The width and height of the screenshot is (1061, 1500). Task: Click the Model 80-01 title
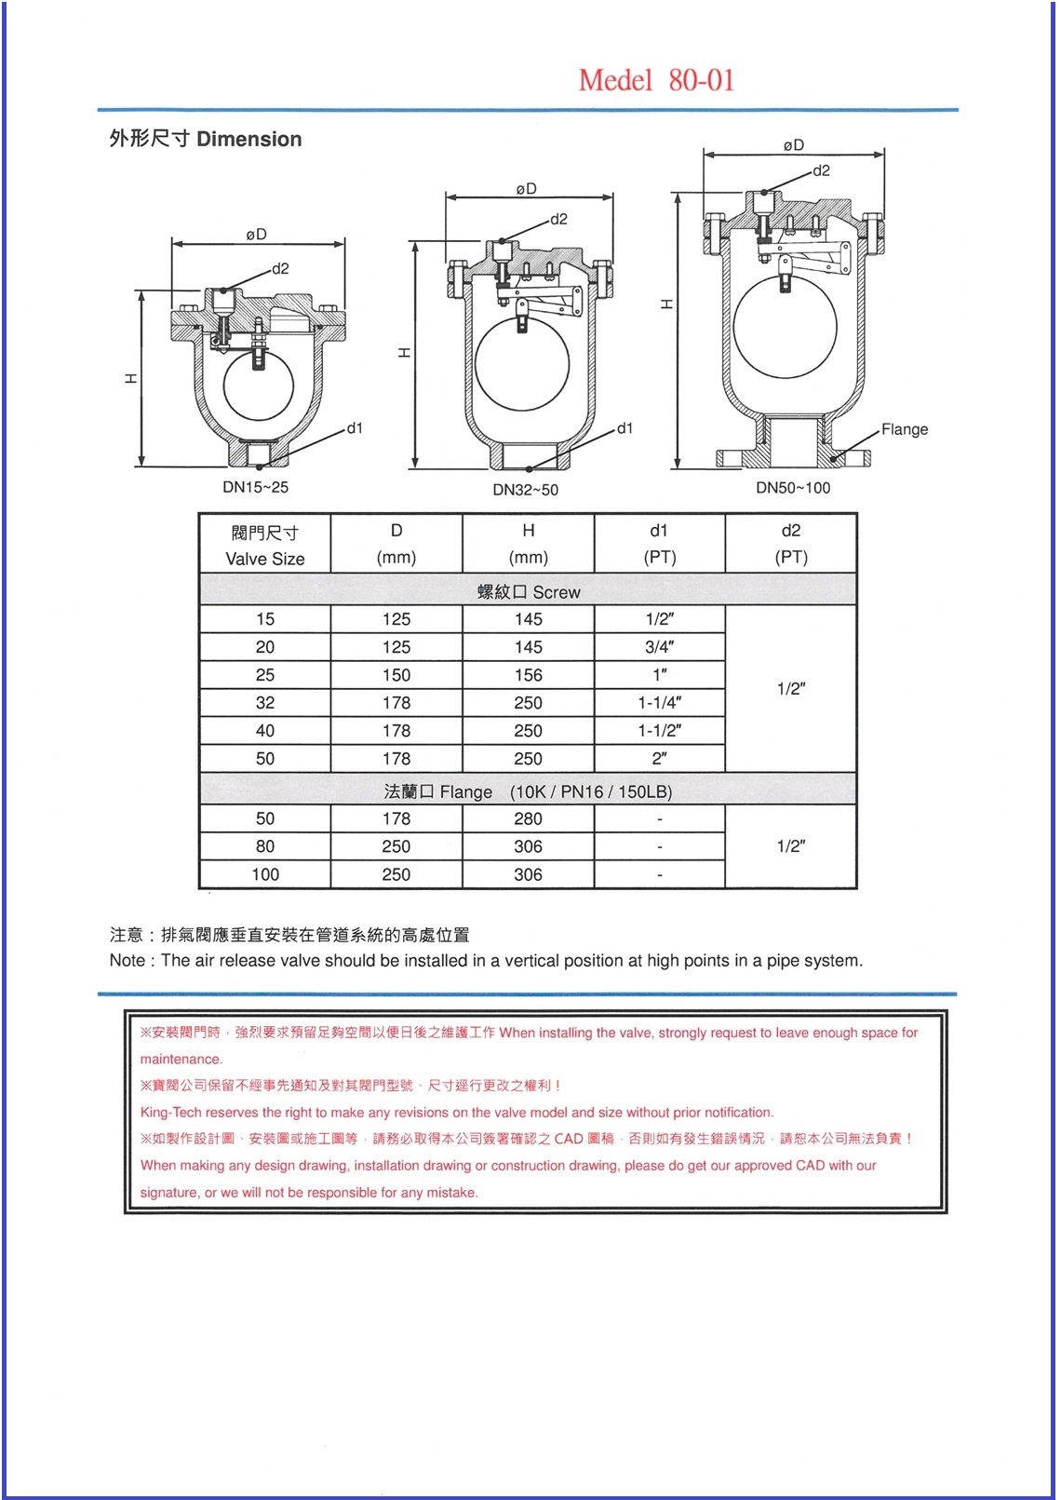(656, 80)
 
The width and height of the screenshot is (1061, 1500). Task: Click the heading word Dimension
(248, 140)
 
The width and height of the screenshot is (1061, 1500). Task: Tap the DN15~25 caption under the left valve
(255, 487)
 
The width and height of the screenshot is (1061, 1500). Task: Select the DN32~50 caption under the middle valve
(525, 490)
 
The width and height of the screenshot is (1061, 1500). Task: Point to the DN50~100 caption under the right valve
(792, 488)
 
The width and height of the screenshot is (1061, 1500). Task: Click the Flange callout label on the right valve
(904, 429)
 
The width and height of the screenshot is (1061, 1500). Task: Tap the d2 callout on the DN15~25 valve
(279, 269)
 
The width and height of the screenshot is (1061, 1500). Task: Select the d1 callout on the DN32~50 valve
(625, 428)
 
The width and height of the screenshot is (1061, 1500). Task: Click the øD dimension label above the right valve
(793, 145)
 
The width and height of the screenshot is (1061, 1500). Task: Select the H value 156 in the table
(528, 675)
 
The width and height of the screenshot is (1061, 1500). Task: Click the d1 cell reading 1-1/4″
(659, 703)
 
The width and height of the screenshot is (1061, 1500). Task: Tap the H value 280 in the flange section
(528, 819)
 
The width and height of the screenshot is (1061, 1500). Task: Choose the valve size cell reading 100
(265, 874)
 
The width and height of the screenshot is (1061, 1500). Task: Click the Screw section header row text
(529, 592)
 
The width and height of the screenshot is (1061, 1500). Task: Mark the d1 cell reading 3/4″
(659, 647)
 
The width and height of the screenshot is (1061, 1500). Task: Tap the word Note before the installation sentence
(127, 961)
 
